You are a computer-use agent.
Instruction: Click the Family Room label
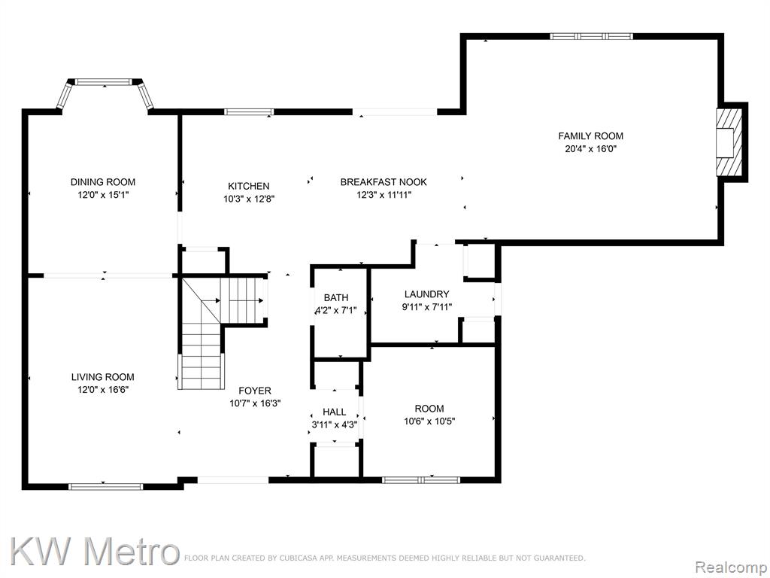click(590, 136)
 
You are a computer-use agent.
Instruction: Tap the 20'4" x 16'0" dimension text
click(590, 149)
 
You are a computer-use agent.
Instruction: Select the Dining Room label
click(102, 182)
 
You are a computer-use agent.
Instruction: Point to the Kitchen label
click(248, 187)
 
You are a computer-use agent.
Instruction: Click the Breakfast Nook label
click(383, 182)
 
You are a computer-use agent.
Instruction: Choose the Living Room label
click(102, 377)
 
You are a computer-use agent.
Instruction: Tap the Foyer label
click(255, 391)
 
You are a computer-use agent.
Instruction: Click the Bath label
click(336, 297)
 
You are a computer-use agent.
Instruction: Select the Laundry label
click(427, 294)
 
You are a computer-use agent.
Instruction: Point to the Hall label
click(335, 412)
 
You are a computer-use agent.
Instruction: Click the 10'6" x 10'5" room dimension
click(429, 421)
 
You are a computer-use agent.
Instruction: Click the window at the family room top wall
click(591, 36)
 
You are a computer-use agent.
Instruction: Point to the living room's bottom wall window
click(105, 487)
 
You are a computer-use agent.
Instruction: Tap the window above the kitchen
click(249, 111)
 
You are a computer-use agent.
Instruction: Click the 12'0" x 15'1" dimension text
click(102, 195)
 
